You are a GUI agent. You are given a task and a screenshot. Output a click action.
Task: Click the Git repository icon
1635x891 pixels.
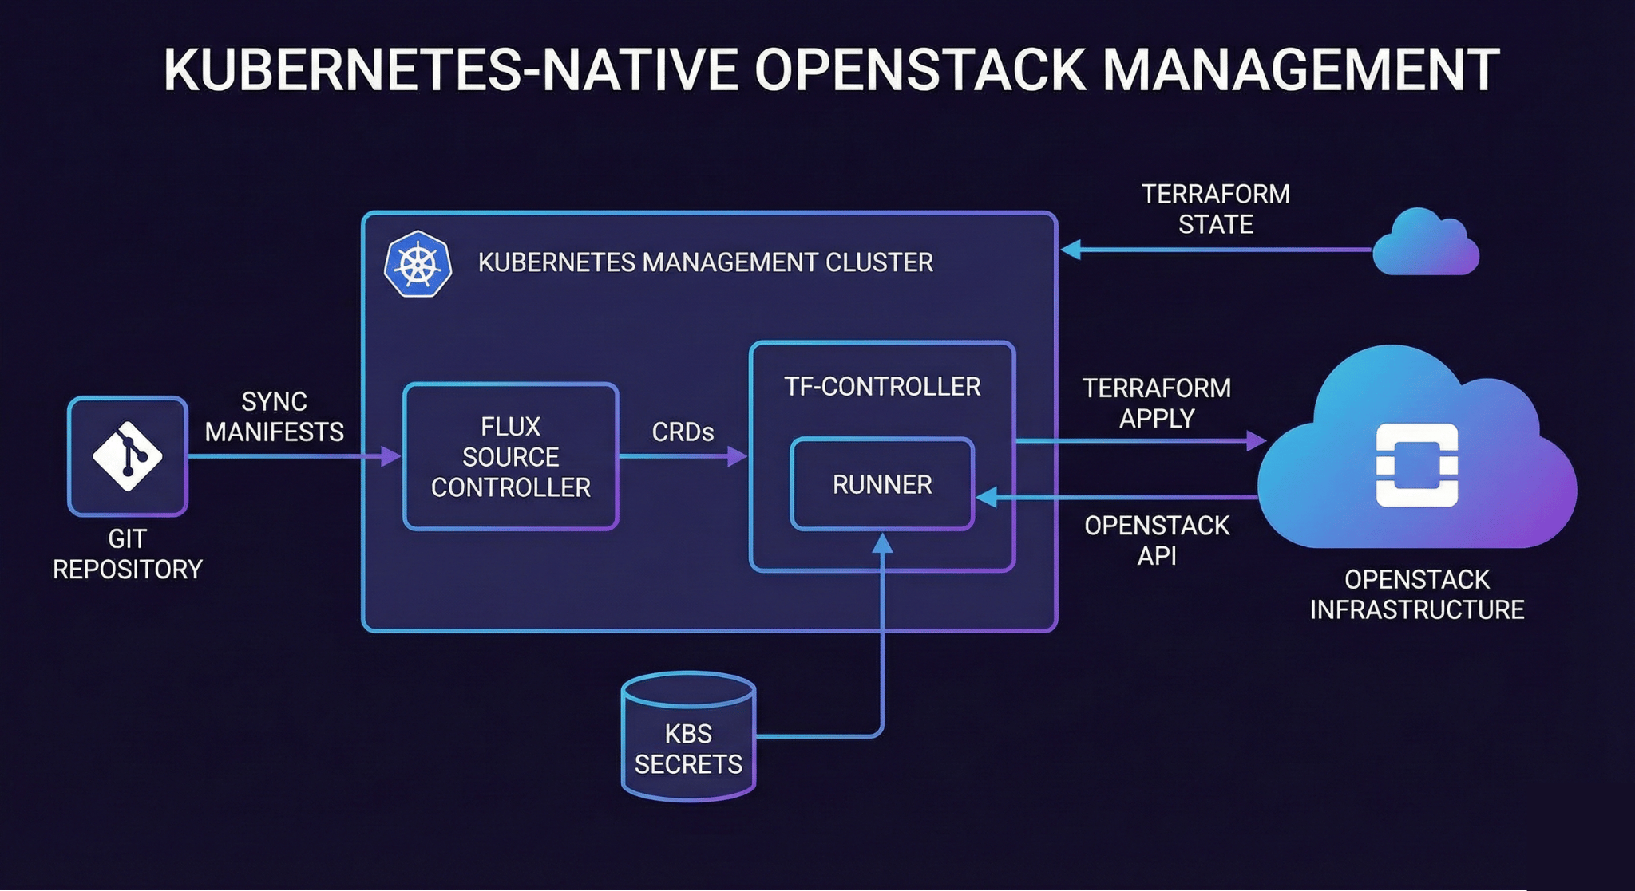(128, 456)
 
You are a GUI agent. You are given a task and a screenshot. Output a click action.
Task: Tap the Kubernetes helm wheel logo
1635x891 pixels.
(418, 264)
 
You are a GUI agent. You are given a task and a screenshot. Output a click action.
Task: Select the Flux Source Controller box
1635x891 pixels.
(511, 456)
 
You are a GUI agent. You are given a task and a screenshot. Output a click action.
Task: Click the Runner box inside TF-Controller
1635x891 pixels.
(882, 484)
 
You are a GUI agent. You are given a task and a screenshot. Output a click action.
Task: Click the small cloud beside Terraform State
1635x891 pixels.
(1427, 243)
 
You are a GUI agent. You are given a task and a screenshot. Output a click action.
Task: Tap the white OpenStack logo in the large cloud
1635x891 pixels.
(1417, 465)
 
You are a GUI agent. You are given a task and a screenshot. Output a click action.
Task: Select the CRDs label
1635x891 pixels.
(683, 432)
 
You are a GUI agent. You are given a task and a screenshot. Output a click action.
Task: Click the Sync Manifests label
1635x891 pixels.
(274, 416)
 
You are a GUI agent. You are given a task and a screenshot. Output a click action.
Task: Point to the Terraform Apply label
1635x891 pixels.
(1157, 403)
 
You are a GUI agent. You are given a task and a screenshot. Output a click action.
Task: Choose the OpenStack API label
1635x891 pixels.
(1157, 540)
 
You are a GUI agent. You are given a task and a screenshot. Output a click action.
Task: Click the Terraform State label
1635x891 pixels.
(1215, 209)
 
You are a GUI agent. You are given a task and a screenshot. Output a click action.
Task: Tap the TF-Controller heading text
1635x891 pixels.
(882, 387)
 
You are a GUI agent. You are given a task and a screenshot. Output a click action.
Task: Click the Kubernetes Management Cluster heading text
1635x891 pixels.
(706, 262)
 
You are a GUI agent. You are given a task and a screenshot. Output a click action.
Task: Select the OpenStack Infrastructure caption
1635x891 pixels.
(1417, 594)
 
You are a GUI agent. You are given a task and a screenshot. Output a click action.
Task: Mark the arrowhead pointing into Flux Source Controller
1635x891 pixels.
(392, 456)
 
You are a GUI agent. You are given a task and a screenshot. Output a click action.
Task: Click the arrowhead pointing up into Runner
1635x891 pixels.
(882, 543)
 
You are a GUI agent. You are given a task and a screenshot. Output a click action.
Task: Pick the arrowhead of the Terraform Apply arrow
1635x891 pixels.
(1257, 440)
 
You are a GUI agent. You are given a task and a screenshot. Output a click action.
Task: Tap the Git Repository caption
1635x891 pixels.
(128, 554)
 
